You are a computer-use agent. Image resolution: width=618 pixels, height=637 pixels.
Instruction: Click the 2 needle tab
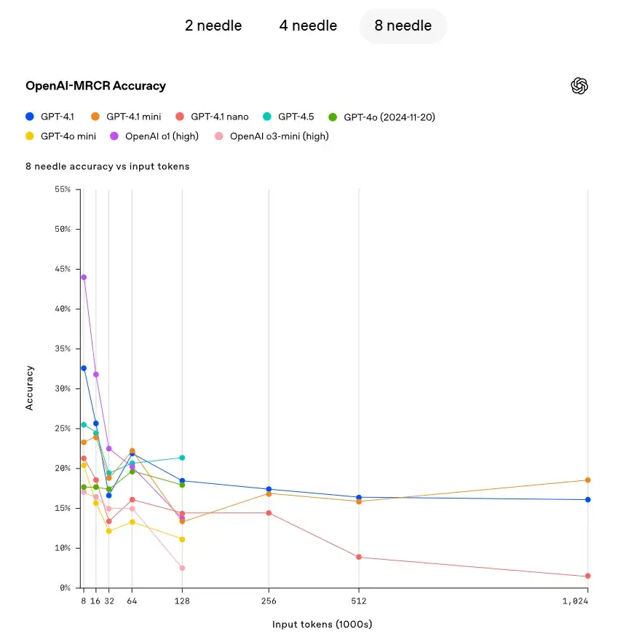pyautogui.click(x=213, y=26)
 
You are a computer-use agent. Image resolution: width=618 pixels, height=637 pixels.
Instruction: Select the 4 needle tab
pyautogui.click(x=308, y=26)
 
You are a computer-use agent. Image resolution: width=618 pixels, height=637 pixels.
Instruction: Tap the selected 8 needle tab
pyautogui.click(x=403, y=26)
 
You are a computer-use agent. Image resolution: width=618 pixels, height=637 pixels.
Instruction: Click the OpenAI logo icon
pyautogui.click(x=579, y=86)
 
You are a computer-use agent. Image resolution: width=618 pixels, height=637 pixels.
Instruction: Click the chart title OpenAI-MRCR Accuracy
pyautogui.click(x=95, y=86)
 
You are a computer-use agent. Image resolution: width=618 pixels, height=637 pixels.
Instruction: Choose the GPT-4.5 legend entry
pyautogui.click(x=289, y=116)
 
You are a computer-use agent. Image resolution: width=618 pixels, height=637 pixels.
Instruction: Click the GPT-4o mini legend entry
pyautogui.click(x=60, y=136)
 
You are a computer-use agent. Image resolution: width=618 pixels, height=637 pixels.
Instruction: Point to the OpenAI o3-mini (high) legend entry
pyautogui.click(x=272, y=136)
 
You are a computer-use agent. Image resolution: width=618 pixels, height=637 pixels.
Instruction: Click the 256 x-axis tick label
pyautogui.click(x=269, y=601)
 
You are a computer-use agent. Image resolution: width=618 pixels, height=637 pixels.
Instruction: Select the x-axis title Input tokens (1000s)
pyautogui.click(x=322, y=625)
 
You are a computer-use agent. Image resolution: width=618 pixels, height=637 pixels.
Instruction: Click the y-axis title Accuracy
pyautogui.click(x=30, y=388)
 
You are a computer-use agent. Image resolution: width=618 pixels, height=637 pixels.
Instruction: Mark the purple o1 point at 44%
pyautogui.click(x=84, y=277)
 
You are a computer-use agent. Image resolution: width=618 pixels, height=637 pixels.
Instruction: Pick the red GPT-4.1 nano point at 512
pyautogui.click(x=358, y=557)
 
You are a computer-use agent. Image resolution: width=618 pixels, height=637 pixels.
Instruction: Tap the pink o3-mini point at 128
pyautogui.click(x=182, y=568)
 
